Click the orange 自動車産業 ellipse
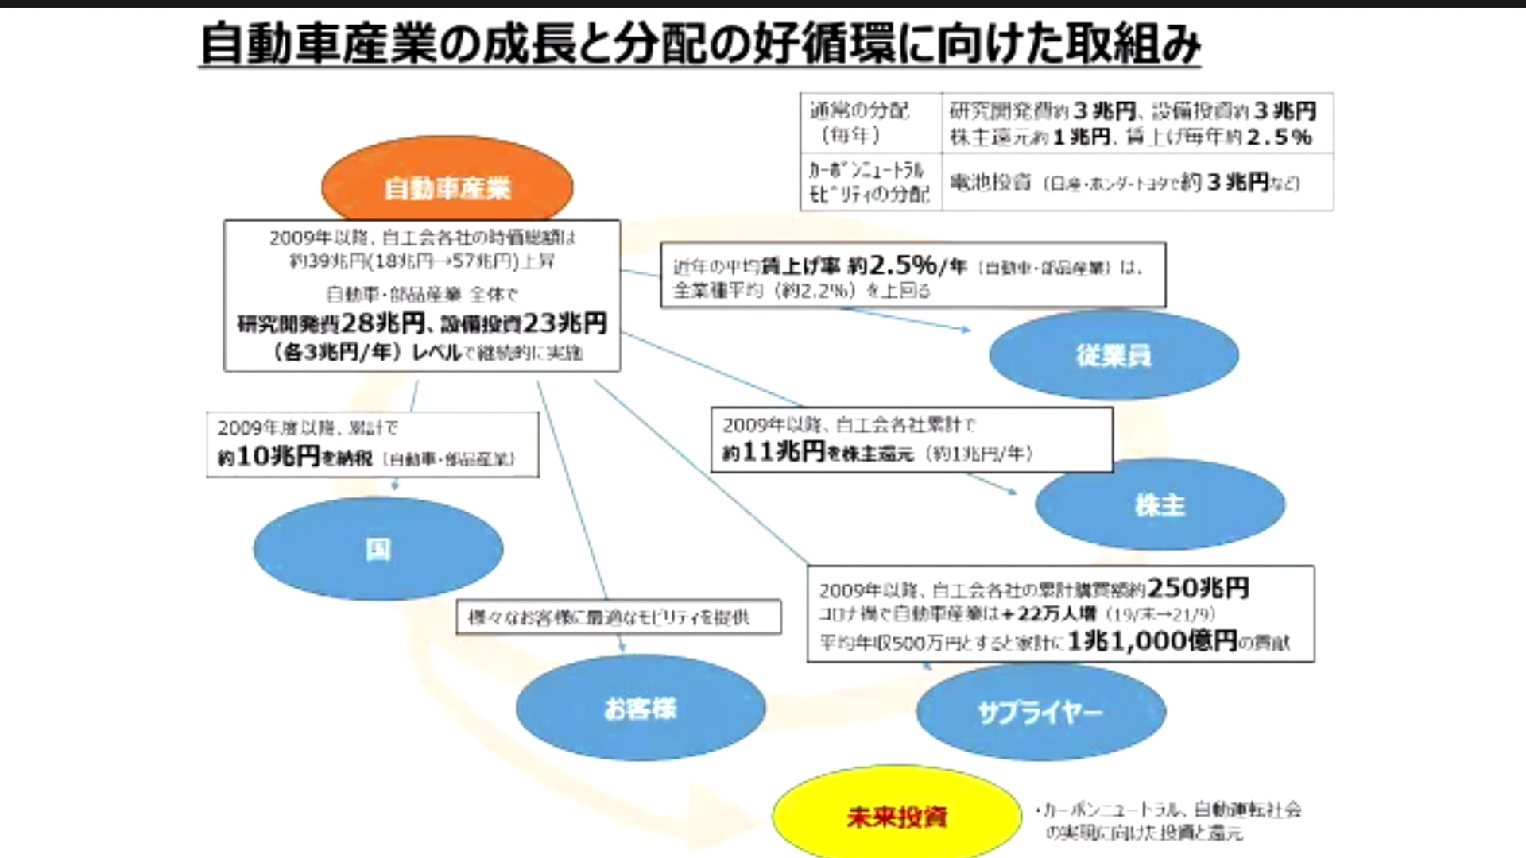(x=447, y=187)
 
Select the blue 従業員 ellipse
(x=1113, y=355)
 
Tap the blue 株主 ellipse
(x=1160, y=504)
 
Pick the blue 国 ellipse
(x=378, y=548)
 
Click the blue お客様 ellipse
(x=640, y=708)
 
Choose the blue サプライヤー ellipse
(x=1040, y=712)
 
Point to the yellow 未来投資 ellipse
(x=897, y=816)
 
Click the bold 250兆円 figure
(x=1199, y=588)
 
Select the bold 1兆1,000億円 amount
(x=1152, y=640)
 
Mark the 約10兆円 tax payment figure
(x=269, y=456)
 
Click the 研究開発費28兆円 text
(x=331, y=323)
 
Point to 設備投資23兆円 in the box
(x=524, y=323)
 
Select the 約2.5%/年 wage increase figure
(x=906, y=265)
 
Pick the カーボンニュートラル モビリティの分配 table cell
(x=870, y=182)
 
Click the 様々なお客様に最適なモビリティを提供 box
(x=618, y=617)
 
